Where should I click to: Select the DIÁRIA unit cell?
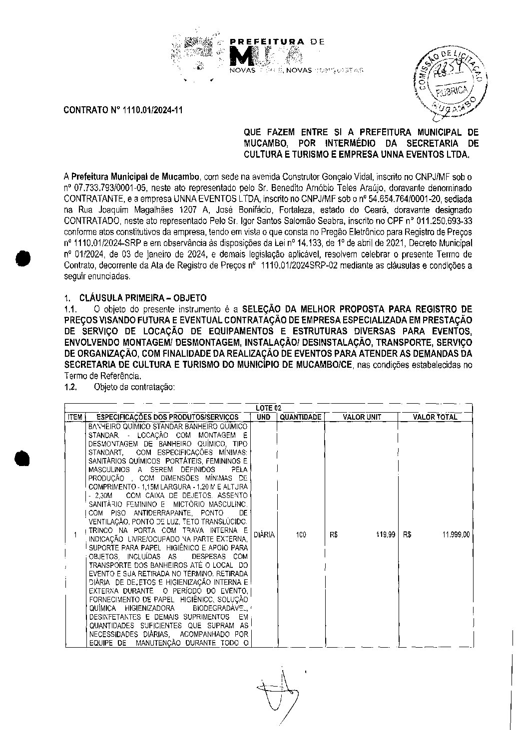pyautogui.click(x=264, y=535)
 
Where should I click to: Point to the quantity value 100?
pyautogui.click(x=301, y=535)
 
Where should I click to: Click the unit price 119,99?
pyautogui.click(x=386, y=535)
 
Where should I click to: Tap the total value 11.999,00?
pyautogui.click(x=456, y=535)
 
